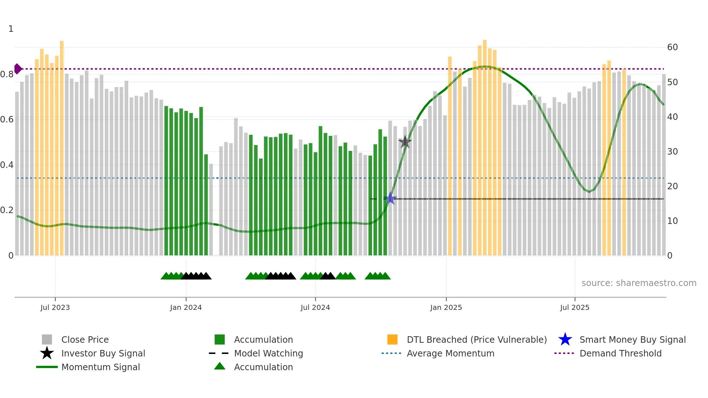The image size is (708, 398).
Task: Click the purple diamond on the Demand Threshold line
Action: [x=18, y=69]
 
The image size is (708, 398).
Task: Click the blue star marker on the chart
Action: [x=390, y=199]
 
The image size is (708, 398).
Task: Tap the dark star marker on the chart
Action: [x=405, y=142]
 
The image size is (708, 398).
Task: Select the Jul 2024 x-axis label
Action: [x=315, y=307]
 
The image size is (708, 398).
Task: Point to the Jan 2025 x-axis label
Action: [x=446, y=307]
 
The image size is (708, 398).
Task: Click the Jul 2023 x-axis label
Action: [x=55, y=307]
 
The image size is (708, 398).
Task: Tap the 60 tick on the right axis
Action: [x=672, y=47]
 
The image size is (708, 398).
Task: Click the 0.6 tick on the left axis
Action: [x=7, y=120]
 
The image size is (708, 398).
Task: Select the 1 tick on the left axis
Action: [x=11, y=29]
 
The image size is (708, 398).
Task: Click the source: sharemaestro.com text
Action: [x=639, y=283]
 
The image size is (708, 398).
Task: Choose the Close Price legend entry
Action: [x=85, y=339]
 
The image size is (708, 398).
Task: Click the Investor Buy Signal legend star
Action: [x=47, y=353]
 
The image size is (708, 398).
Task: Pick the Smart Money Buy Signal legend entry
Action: [x=632, y=339]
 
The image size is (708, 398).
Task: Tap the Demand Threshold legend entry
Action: [x=620, y=353]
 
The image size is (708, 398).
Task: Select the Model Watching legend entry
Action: [x=268, y=353]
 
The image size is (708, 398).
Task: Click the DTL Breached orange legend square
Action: [x=392, y=339]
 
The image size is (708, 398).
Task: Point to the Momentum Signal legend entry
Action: [x=100, y=367]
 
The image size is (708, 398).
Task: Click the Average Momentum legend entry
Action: [x=450, y=353]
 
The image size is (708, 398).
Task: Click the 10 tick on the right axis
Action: [x=672, y=221]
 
